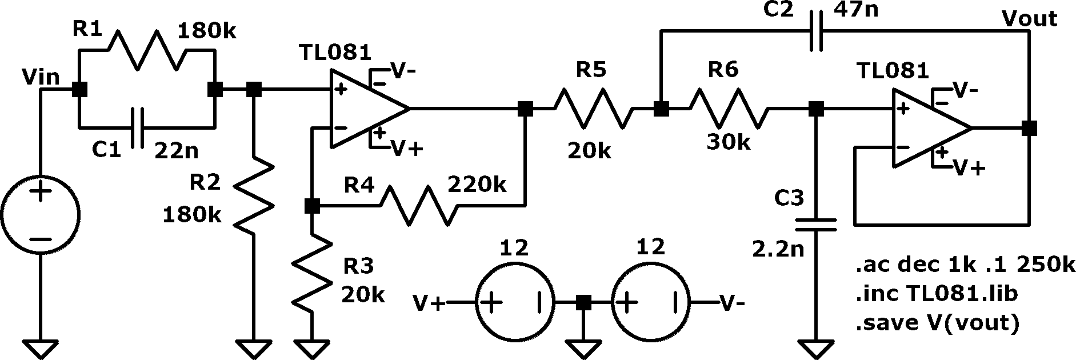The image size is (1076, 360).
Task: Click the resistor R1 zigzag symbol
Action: click(x=147, y=50)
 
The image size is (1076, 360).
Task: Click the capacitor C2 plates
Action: click(x=817, y=31)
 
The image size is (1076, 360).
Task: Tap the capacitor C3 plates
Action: click(x=817, y=224)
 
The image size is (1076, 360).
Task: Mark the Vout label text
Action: click(x=1030, y=18)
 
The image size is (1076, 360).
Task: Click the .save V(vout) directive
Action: click(x=937, y=323)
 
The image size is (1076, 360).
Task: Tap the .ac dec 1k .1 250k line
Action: click(x=965, y=266)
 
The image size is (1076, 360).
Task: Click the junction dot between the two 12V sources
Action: click(x=583, y=302)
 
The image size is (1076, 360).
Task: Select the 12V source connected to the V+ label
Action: click(x=515, y=302)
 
